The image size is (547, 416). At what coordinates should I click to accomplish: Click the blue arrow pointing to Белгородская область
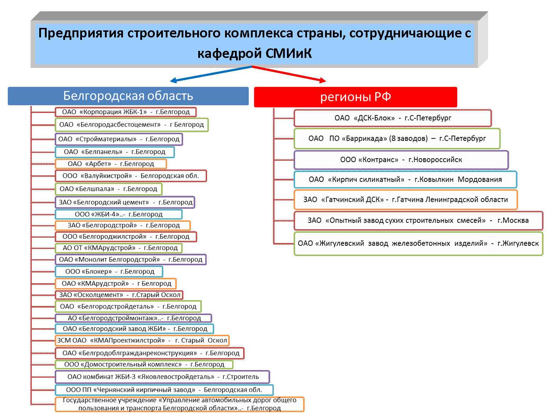click(x=211, y=74)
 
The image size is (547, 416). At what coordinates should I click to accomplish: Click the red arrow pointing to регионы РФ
click(x=289, y=74)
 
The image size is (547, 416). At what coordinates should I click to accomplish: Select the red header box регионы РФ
click(x=355, y=97)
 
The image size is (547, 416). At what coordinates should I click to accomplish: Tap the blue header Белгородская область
click(x=128, y=96)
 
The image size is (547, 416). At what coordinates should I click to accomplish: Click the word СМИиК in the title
click(x=288, y=53)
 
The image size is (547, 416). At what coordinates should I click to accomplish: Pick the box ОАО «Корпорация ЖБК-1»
click(x=126, y=112)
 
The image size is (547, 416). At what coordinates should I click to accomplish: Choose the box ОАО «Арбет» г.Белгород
click(x=111, y=164)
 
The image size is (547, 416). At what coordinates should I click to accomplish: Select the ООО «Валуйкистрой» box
click(x=131, y=176)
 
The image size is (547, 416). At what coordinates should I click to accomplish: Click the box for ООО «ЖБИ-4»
click(x=119, y=214)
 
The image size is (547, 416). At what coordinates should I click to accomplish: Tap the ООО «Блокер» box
click(x=109, y=271)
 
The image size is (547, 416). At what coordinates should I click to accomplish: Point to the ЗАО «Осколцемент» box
click(x=119, y=295)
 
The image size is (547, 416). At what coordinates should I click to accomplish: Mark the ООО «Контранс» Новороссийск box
click(x=401, y=160)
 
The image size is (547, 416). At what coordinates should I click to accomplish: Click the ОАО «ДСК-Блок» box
click(x=393, y=118)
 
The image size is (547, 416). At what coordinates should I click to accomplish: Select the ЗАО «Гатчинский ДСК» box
click(x=405, y=200)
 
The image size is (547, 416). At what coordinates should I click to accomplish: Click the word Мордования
click(x=480, y=179)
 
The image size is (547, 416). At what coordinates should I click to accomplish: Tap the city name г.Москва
click(x=513, y=220)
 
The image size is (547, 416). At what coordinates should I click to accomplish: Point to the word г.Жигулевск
click(x=518, y=243)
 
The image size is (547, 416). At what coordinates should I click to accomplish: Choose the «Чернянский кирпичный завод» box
click(x=164, y=390)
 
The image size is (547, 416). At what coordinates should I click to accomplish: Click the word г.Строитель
click(x=241, y=377)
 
